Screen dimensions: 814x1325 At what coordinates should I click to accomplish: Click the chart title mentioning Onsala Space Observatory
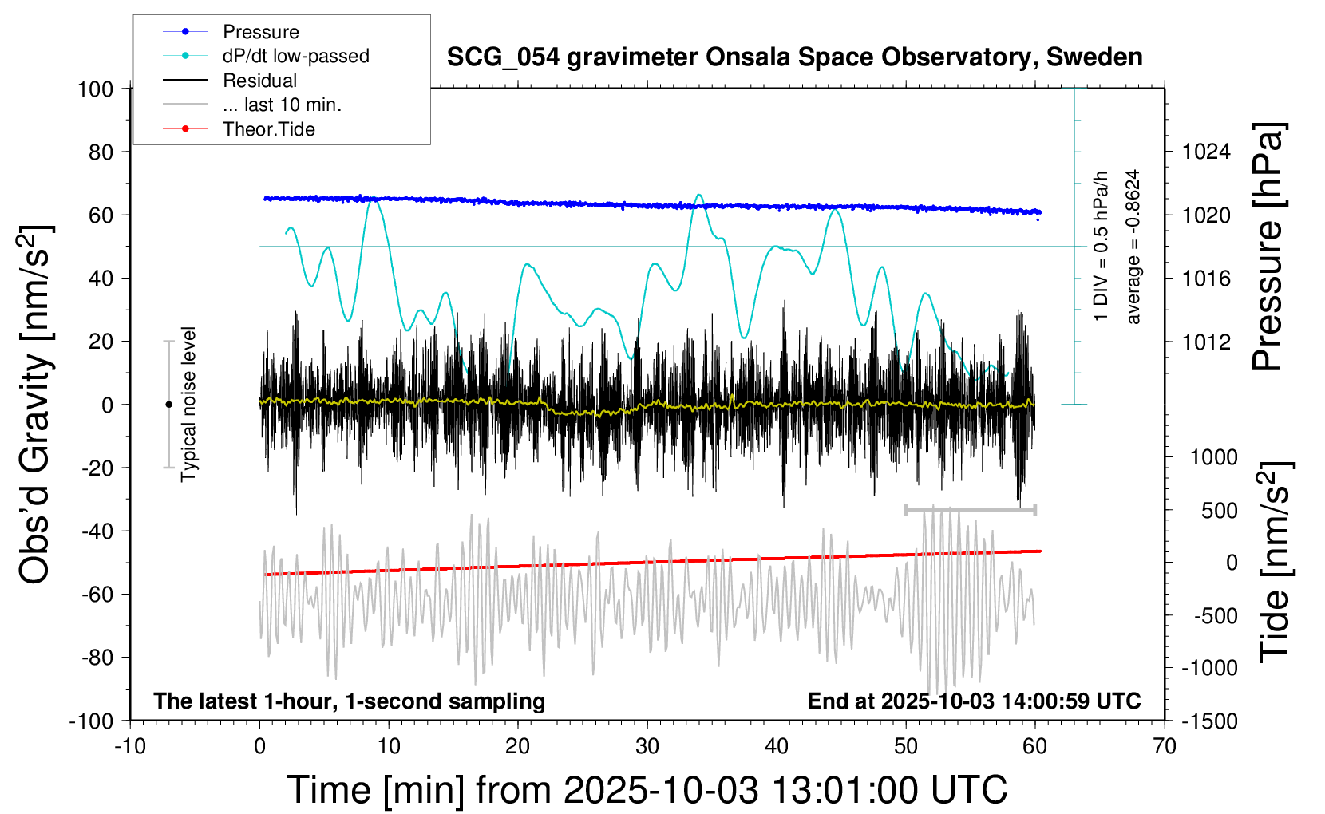794,57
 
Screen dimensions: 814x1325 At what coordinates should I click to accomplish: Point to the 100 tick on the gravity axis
95,89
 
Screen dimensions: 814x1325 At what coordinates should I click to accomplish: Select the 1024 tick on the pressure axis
1206,152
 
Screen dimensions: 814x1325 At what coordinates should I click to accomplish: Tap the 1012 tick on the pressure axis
1206,342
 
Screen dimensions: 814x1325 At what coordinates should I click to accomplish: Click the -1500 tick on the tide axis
1209,721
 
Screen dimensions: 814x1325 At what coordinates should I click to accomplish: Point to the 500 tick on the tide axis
1219,510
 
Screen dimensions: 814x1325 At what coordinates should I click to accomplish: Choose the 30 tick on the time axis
647,747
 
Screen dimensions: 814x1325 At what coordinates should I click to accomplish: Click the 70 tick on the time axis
1165,747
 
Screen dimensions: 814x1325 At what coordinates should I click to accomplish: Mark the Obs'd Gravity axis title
35,405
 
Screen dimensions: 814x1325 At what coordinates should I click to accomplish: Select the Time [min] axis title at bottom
647,790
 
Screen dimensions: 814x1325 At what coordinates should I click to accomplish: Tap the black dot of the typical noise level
168,405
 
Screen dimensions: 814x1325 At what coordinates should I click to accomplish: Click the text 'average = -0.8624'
1133,247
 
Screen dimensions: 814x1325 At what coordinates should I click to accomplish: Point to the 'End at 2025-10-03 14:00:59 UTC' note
974,701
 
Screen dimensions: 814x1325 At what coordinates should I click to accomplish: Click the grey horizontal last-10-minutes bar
970,509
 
